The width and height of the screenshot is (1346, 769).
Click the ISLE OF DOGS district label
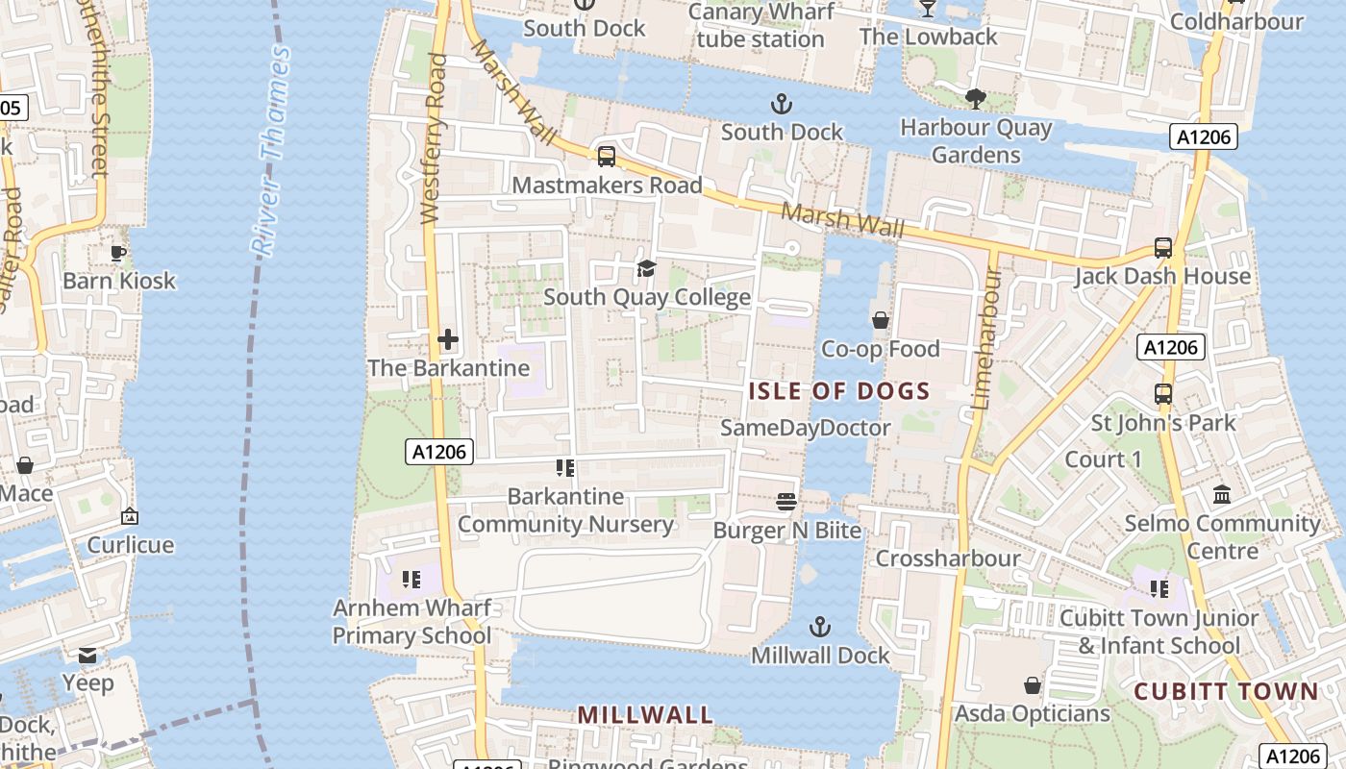pyautogui.click(x=839, y=391)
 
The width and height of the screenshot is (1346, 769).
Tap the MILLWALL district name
pyautogui.click(x=645, y=715)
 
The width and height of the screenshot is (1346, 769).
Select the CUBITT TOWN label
pyautogui.click(x=1226, y=692)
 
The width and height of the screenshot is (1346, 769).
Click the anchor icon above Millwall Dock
pyautogui.click(x=819, y=628)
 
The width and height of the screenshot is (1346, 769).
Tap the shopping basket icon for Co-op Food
pyautogui.click(x=880, y=320)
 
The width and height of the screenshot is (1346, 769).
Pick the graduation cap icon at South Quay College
pyautogui.click(x=646, y=268)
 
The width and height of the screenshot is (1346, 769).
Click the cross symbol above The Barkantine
pyautogui.click(x=448, y=339)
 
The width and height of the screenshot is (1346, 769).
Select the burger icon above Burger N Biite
pyautogui.click(x=786, y=501)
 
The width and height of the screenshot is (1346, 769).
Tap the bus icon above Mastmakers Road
pyautogui.click(x=607, y=156)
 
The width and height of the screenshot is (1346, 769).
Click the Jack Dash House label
pyautogui.click(x=1162, y=277)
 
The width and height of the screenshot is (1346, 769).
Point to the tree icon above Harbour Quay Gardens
pyautogui.click(x=975, y=98)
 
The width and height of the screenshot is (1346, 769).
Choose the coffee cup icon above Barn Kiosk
pyautogui.click(x=119, y=253)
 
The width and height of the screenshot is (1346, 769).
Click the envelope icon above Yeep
pyautogui.click(x=87, y=656)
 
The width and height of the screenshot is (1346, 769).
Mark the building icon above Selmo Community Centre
pyautogui.click(x=1222, y=494)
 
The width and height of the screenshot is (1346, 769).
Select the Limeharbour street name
pyautogui.click(x=984, y=338)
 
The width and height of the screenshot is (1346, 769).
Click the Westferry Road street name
pyautogui.click(x=435, y=139)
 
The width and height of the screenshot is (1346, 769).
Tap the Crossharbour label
pyautogui.click(x=948, y=558)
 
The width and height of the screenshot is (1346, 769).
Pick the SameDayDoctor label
pyautogui.click(x=806, y=428)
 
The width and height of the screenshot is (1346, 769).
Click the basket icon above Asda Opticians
pyautogui.click(x=1032, y=685)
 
